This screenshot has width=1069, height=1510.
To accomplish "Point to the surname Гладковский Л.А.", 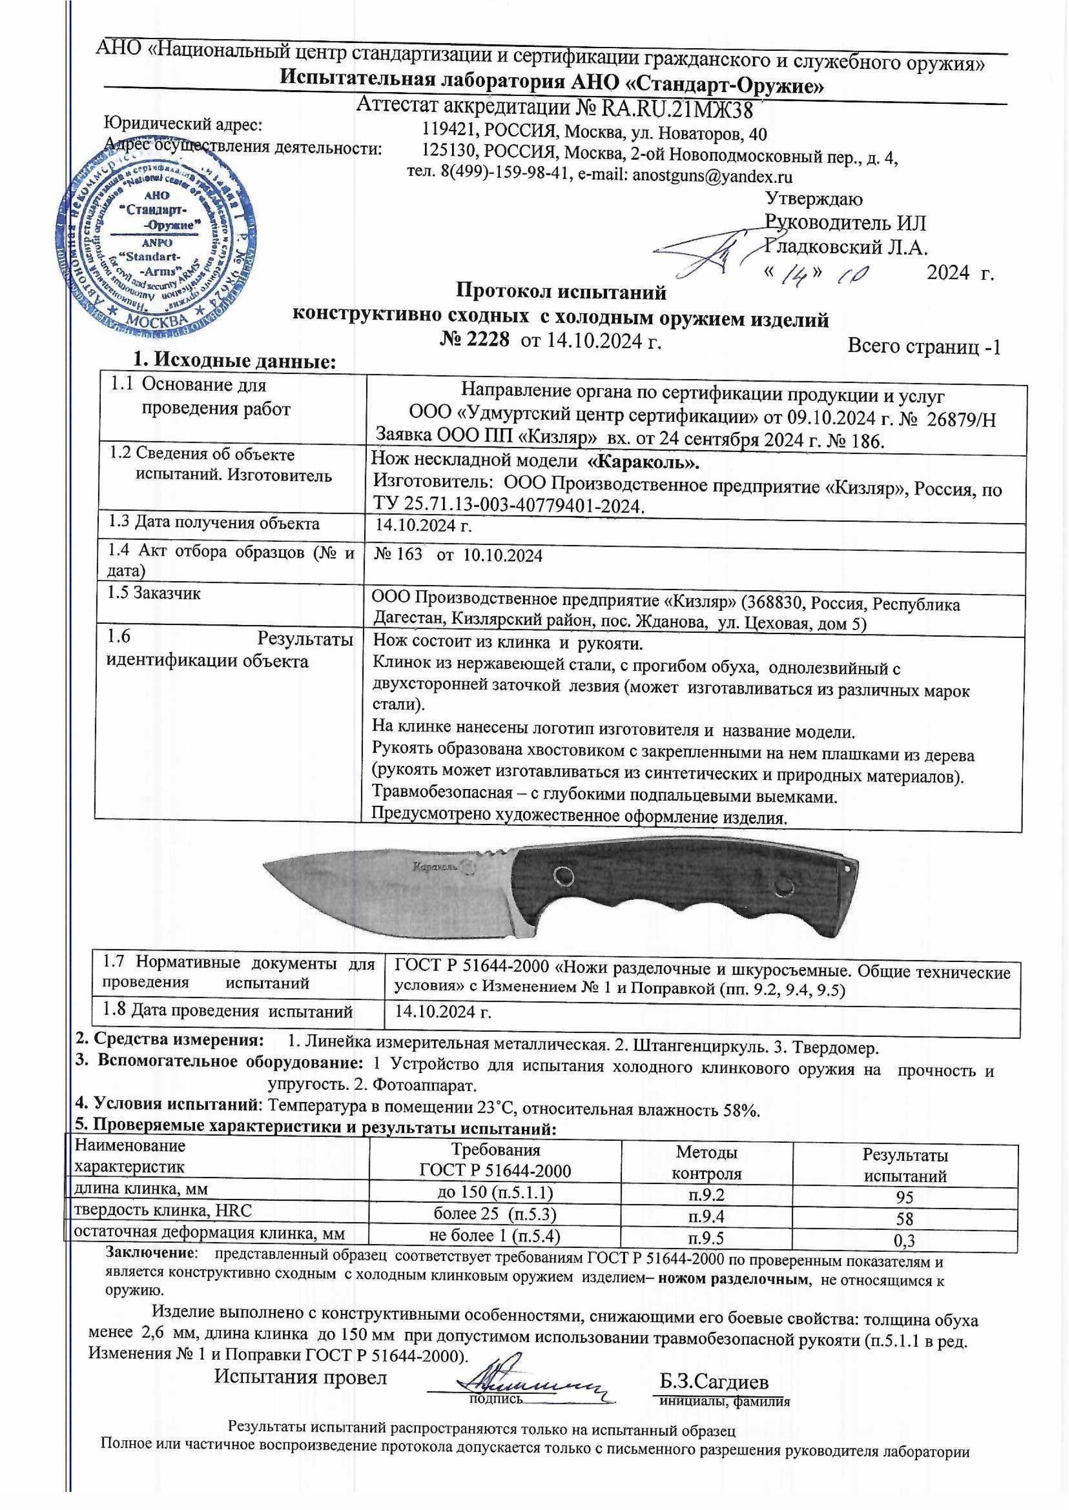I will [x=846, y=248].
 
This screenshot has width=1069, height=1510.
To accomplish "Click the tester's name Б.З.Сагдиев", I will [x=714, y=1362].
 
